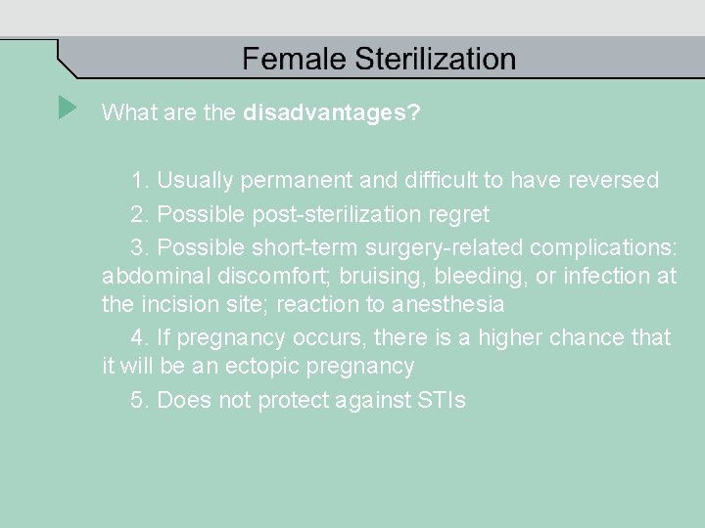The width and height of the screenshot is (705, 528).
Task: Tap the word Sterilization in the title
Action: (435, 60)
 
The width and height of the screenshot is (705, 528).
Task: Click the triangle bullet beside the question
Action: (67, 107)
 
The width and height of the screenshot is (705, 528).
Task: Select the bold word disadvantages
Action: (331, 113)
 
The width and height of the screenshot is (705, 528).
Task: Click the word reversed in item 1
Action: (611, 181)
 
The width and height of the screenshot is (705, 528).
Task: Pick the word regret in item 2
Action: (458, 213)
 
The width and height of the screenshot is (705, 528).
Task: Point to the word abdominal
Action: (148, 277)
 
